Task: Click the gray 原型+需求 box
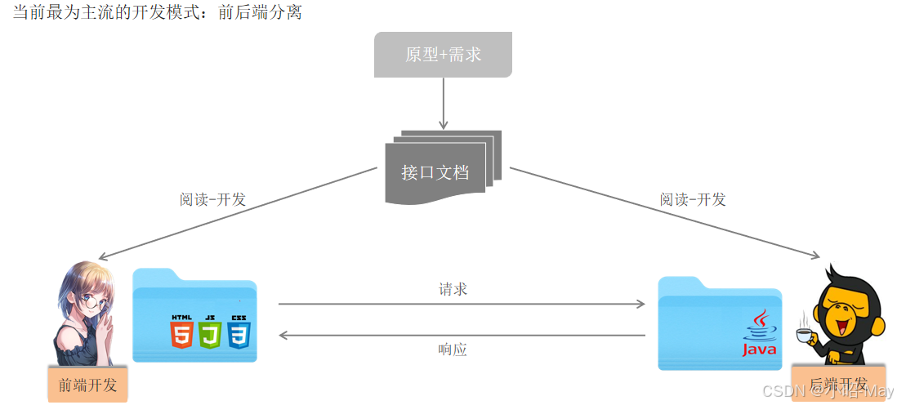(443, 55)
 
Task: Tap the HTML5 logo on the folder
(181, 331)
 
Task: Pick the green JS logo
(210, 331)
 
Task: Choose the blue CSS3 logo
(239, 331)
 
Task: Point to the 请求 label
(453, 289)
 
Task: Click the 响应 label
(453, 349)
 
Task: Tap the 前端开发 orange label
(87, 385)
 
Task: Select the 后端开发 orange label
(837, 384)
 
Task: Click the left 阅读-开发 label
(212, 199)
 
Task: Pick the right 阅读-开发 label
(693, 199)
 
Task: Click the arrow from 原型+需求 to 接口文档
(443, 103)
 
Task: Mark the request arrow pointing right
(461, 304)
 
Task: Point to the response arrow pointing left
(461, 335)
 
